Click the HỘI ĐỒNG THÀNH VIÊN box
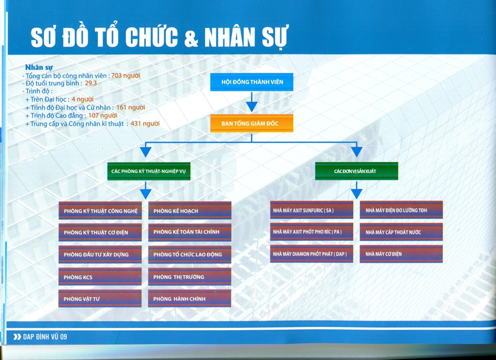pyautogui.click(x=252, y=82)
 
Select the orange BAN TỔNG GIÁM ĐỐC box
pyautogui.click(x=252, y=123)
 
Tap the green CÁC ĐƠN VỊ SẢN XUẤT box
pyautogui.click(x=356, y=171)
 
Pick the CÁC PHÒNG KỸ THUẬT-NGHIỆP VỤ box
pyautogui.click(x=149, y=171)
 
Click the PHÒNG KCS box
pyautogui.click(x=100, y=277)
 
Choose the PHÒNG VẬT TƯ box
pyautogui.click(x=100, y=298)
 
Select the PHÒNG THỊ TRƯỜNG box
pyautogui.click(x=189, y=277)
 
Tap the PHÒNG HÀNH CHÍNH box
pyautogui.click(x=189, y=298)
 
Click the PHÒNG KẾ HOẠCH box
pyautogui.click(x=190, y=210)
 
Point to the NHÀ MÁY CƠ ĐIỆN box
pyautogui.click(x=401, y=254)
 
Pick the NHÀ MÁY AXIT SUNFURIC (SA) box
pyautogui.click(x=311, y=210)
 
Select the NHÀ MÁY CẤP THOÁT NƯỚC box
pyautogui.click(x=401, y=232)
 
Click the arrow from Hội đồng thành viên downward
pyautogui.click(x=252, y=102)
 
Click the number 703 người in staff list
pyautogui.click(x=125, y=75)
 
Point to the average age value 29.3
pyautogui.click(x=91, y=83)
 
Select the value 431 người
pyautogui.click(x=145, y=124)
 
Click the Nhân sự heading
pyautogui.click(x=39, y=67)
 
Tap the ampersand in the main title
pyautogui.click(x=191, y=38)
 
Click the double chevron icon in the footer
pyautogui.click(x=17, y=337)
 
